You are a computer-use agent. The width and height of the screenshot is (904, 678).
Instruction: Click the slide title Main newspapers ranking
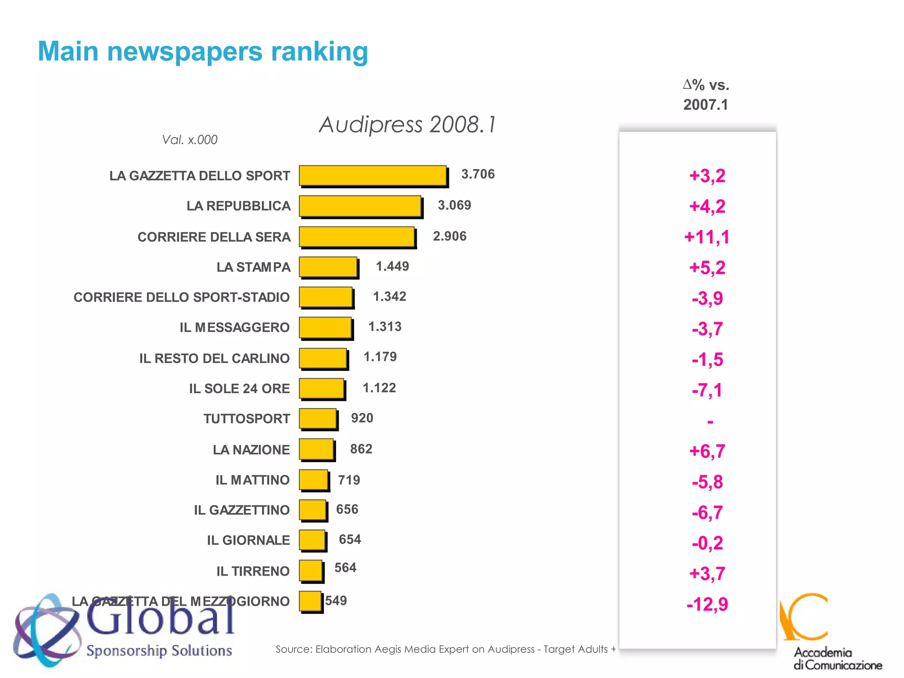coord(203,52)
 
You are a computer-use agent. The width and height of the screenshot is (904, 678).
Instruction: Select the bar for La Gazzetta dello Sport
coord(373,176)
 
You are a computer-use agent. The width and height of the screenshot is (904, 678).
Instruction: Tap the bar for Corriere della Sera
coord(357,237)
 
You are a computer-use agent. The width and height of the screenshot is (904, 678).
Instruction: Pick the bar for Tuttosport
coord(318,418)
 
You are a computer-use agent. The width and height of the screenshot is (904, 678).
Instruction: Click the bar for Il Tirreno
coord(311,571)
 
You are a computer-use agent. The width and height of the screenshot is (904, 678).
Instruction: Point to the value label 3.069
coord(454,205)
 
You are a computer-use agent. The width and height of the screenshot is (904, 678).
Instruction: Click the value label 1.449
coord(392,267)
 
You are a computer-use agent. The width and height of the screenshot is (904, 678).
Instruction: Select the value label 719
coord(349,480)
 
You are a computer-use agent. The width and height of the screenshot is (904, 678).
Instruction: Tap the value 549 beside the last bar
coord(336,601)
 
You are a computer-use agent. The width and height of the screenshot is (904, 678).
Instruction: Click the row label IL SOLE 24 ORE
coord(239,388)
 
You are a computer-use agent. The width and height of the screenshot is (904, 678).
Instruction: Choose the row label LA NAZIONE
coord(251,450)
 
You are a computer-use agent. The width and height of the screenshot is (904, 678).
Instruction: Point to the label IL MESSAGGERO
coord(234,328)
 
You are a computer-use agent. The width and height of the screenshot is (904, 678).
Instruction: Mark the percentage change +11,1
coord(707,237)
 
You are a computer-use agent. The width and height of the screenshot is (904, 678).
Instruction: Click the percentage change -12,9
coord(707,604)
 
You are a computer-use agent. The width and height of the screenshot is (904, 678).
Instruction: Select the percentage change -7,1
coord(707,390)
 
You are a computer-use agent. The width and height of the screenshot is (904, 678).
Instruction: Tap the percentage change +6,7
coord(707,451)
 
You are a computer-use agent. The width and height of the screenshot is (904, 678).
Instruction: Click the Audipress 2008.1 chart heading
coord(407,124)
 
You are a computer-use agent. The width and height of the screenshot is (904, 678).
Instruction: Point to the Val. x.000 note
coord(190,140)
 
